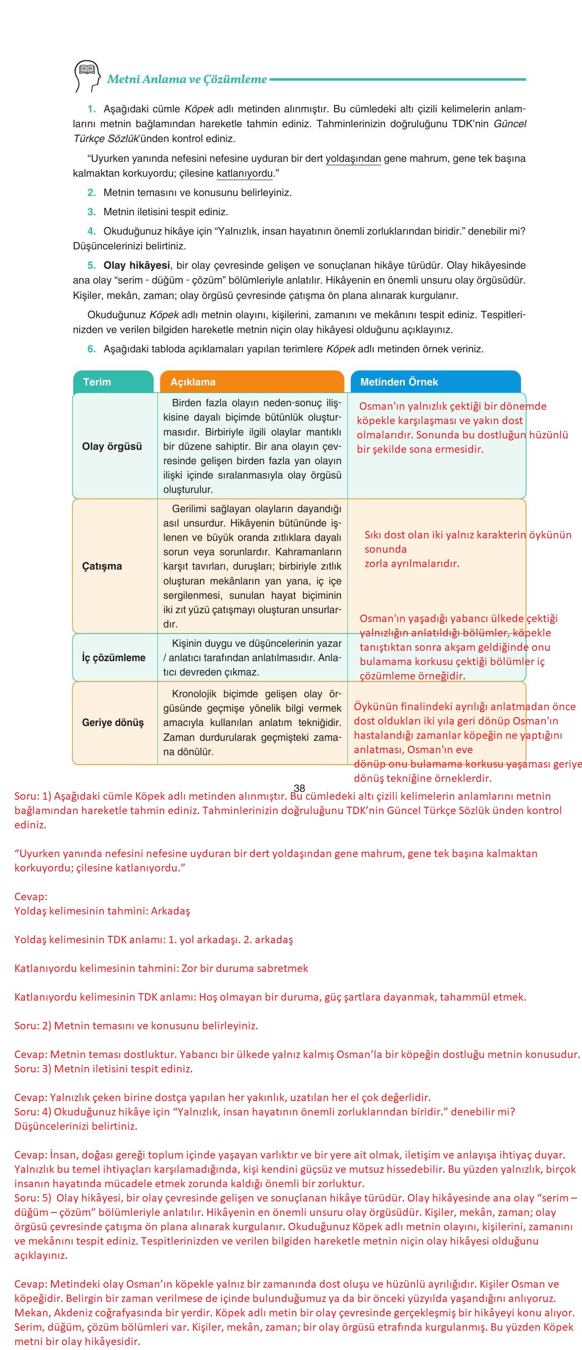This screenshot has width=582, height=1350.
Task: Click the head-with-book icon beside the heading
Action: click(x=87, y=77)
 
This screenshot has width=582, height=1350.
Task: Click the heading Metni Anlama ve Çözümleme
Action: click(x=187, y=80)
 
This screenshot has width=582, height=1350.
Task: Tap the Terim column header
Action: click(x=97, y=382)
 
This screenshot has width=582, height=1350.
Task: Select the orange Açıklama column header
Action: click(x=193, y=382)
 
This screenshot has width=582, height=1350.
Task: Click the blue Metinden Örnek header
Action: click(x=399, y=382)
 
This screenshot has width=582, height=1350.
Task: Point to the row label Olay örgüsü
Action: click(x=112, y=446)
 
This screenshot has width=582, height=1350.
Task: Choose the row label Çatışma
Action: click(x=102, y=566)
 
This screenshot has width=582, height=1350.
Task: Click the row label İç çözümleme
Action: click(x=114, y=658)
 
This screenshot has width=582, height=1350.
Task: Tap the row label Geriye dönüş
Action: click(x=113, y=723)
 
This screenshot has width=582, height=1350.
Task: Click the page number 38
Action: click(x=299, y=788)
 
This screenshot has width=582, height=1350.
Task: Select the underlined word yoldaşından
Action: click(x=353, y=159)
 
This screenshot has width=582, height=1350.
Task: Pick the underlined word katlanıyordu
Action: click(x=245, y=174)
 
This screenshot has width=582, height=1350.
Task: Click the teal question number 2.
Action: click(x=92, y=193)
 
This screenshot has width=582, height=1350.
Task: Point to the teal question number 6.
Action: click(x=92, y=349)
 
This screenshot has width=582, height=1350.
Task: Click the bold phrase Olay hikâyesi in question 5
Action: click(x=137, y=265)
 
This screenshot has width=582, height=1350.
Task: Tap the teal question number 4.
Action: click(x=92, y=231)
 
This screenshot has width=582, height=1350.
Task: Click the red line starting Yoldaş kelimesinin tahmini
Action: click(x=102, y=911)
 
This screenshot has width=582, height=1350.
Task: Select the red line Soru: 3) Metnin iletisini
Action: click(x=103, y=1068)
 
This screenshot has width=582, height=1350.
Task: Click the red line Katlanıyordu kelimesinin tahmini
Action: click(x=161, y=968)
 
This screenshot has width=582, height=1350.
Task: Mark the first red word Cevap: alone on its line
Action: click(x=31, y=897)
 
